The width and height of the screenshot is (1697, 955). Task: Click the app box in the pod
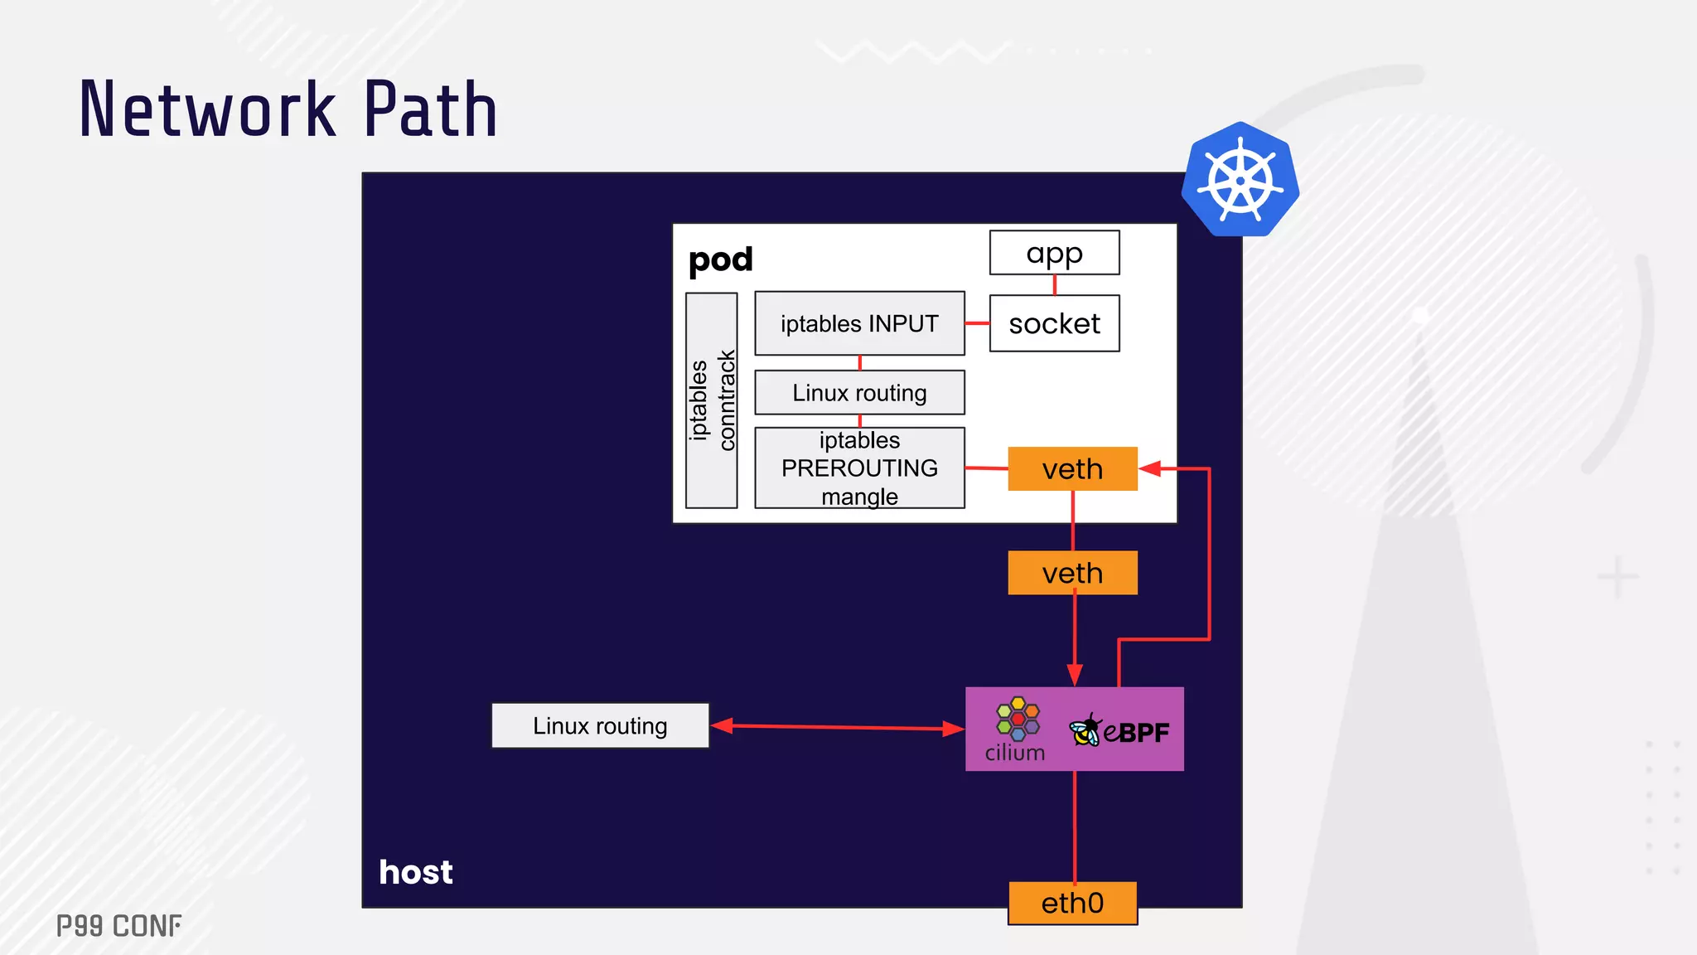click(1054, 253)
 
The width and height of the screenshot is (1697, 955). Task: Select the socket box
click(1054, 323)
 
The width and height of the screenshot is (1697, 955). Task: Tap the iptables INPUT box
click(859, 323)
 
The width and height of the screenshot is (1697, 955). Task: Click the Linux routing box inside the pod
click(859, 392)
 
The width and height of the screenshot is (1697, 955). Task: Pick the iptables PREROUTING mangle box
click(859, 468)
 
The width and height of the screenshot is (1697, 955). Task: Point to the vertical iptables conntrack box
click(712, 400)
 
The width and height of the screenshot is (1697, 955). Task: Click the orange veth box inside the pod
click(1072, 469)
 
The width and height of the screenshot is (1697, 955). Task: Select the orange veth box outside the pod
click(1072, 573)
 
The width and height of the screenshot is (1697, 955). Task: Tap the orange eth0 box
click(1072, 903)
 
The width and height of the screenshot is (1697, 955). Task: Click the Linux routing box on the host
click(600, 726)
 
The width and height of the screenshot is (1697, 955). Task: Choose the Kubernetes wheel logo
click(1240, 180)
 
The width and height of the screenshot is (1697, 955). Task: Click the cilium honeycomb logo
click(1018, 718)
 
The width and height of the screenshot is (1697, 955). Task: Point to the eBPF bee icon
click(1085, 730)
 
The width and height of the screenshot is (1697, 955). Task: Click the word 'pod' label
click(721, 260)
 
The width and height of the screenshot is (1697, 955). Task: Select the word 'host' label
click(416, 872)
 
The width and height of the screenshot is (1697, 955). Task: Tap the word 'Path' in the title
click(431, 109)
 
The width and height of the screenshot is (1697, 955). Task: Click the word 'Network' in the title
click(207, 109)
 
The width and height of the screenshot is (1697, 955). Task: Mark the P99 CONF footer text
click(119, 926)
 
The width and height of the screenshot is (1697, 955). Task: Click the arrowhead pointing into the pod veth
click(1150, 469)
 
